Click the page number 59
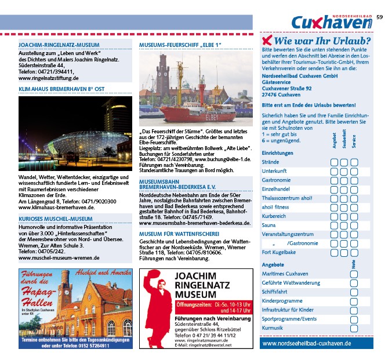pos(379,17)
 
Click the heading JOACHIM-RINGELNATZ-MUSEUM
pos(59,45)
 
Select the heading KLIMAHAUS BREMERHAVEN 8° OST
pos(61,89)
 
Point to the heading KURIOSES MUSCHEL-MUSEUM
pos(56,219)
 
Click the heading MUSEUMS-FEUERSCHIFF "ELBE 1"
pos(180,45)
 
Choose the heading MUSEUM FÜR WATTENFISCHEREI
pos(179,234)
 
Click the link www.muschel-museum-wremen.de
pos(59,258)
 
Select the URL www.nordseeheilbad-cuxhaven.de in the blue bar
pos(307,343)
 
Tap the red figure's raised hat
pos(153,274)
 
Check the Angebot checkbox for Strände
pos(335,162)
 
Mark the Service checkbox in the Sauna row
pos(354,225)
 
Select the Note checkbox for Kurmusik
pos(354,328)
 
